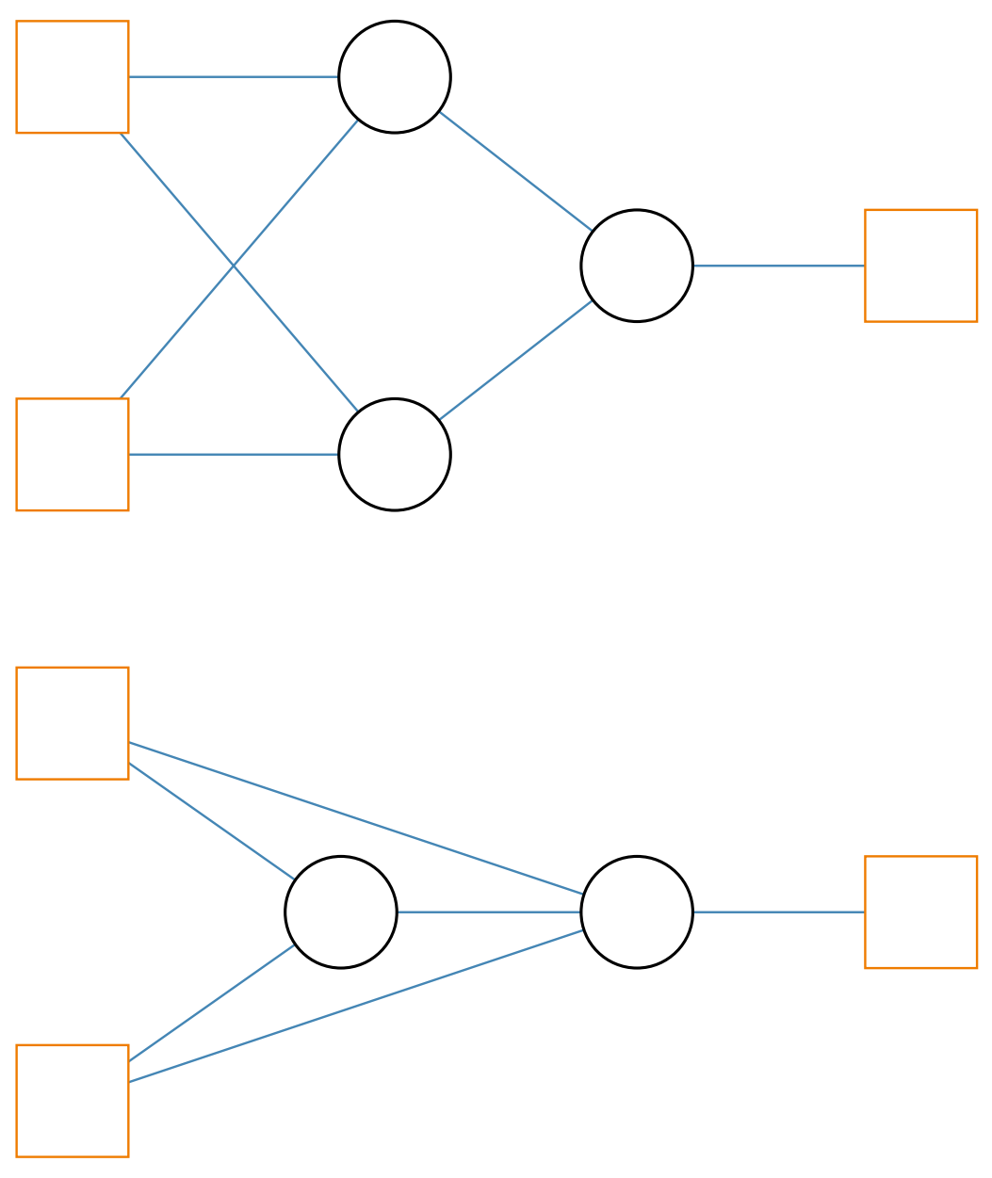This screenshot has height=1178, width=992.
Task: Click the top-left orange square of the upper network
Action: tap(72, 76)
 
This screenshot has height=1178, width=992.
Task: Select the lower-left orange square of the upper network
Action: tap(72, 454)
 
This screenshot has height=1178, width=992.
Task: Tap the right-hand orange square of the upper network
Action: tap(920, 266)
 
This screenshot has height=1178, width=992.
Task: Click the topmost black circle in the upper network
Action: tap(395, 76)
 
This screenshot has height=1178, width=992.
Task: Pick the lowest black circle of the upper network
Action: tap(395, 454)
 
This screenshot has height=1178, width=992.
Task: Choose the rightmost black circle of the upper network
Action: tap(637, 266)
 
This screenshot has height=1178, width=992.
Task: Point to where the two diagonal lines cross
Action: tap(234, 266)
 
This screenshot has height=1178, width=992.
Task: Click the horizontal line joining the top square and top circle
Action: tap(234, 76)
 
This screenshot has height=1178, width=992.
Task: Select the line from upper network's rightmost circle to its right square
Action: tap(778, 266)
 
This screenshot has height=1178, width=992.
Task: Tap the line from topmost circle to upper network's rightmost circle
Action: tap(515, 170)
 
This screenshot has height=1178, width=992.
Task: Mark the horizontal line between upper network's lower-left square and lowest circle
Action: tap(234, 454)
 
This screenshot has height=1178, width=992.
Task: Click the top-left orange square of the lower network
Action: tap(72, 723)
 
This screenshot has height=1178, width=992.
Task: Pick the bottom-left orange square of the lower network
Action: tap(72, 1100)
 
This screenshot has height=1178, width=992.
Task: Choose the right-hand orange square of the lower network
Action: tap(920, 912)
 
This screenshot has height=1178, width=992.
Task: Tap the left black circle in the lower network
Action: tap(341, 912)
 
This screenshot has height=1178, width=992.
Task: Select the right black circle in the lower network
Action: tap(637, 912)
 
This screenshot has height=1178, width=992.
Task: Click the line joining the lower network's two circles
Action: tap(489, 912)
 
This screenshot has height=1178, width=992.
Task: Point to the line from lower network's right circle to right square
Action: tap(778, 912)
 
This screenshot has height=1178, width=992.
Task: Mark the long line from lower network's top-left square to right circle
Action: tap(355, 817)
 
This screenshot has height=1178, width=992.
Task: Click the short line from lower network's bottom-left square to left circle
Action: tap(211, 1003)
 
